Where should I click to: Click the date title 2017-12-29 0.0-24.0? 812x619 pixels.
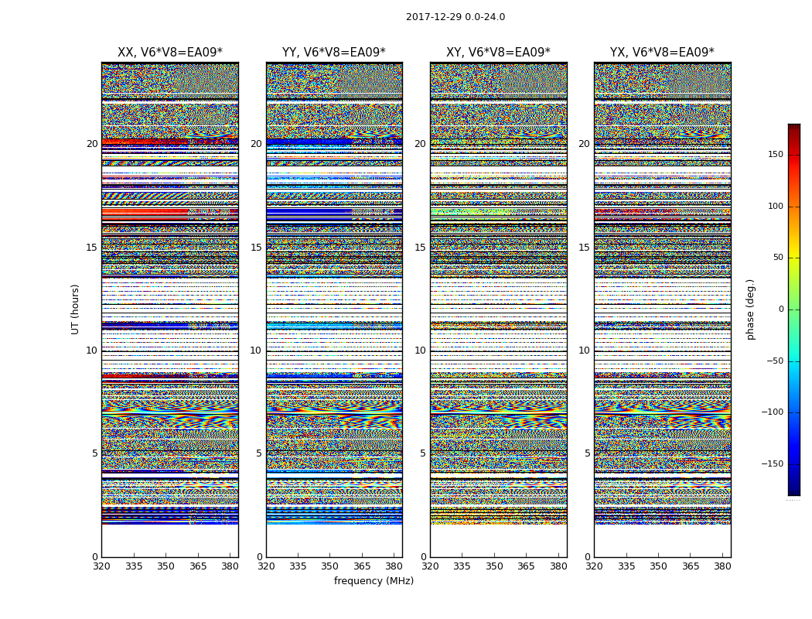[455, 17]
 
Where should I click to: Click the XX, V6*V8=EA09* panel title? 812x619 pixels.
[169, 53]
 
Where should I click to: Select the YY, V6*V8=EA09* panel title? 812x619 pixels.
[333, 53]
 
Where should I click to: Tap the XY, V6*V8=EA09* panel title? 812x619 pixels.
[498, 53]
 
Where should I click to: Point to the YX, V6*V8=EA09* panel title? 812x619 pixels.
[662, 53]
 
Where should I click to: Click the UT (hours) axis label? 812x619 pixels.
[76, 309]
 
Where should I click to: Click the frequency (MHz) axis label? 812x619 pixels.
[374, 581]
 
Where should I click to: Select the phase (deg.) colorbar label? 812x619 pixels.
[750, 309]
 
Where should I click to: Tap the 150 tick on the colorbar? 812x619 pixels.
[775, 155]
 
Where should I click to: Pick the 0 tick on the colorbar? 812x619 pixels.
[781, 309]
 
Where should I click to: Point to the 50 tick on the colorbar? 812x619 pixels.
[778, 258]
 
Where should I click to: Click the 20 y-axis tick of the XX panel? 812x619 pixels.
[92, 144]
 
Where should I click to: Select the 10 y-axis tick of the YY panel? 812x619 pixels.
[256, 351]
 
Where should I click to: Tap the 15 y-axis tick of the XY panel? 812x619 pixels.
[420, 248]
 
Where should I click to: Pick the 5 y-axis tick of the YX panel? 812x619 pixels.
[587, 453]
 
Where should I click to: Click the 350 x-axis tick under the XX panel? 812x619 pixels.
[165, 566]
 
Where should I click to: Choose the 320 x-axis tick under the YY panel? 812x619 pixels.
[266, 566]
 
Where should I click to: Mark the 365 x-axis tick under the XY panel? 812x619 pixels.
[526, 566]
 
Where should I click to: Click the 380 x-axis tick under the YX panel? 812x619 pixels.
[722, 566]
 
